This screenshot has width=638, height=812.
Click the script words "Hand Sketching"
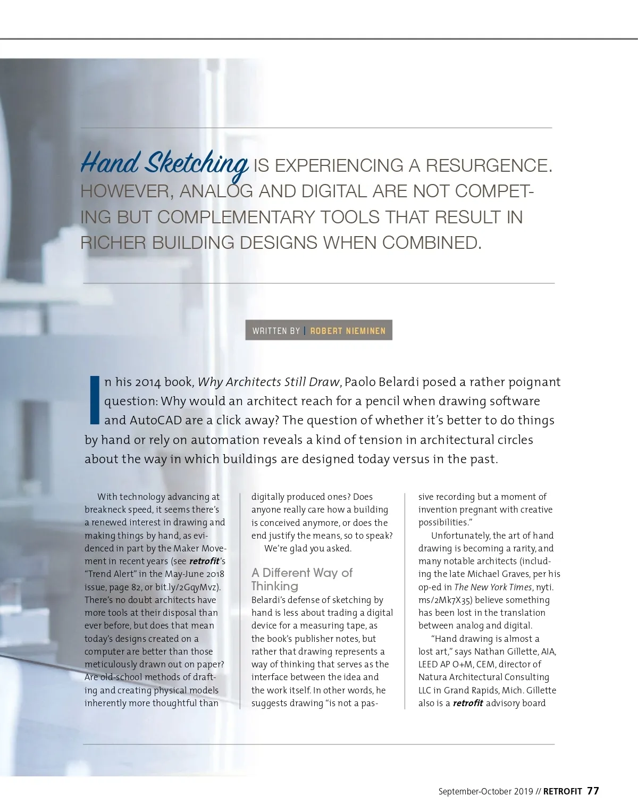point(164,163)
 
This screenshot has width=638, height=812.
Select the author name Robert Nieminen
point(348,331)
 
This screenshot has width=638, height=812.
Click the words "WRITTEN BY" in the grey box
point(276,331)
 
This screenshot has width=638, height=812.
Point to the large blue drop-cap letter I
point(95,400)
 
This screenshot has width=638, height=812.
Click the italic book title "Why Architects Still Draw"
point(268,382)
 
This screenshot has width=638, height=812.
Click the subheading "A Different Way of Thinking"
point(301,579)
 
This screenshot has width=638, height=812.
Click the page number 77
point(593,791)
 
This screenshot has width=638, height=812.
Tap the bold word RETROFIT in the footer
point(563,791)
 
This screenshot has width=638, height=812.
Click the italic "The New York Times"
point(493,587)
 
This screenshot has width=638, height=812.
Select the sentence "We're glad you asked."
point(308,548)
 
